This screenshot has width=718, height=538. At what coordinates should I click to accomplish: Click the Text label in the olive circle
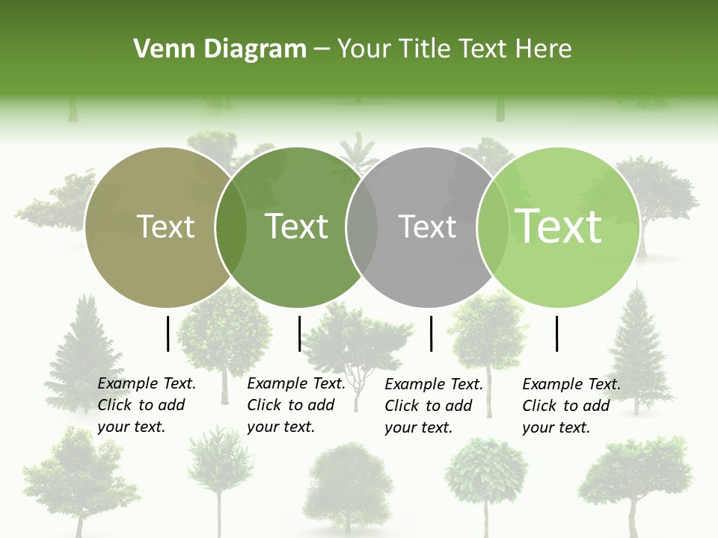coord(166,226)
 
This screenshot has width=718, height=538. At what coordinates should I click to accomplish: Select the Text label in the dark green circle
coord(297,226)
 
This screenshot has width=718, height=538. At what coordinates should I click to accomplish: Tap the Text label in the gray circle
coord(428,226)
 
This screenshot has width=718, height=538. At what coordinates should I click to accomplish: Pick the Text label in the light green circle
coord(559,226)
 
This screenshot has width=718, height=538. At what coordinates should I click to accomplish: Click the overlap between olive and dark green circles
coord(231,227)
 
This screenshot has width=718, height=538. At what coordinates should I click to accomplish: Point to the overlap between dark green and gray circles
coord(362,227)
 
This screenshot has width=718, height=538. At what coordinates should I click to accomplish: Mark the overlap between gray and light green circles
coord(492,227)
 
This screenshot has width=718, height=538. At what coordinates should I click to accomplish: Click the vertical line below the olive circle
coord(168,333)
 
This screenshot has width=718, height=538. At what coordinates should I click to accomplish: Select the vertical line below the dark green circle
coord(299,333)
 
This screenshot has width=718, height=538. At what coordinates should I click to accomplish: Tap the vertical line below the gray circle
coord(432,333)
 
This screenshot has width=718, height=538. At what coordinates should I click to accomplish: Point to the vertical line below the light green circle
coord(557,333)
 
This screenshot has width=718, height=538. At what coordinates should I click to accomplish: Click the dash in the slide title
coord(322,49)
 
